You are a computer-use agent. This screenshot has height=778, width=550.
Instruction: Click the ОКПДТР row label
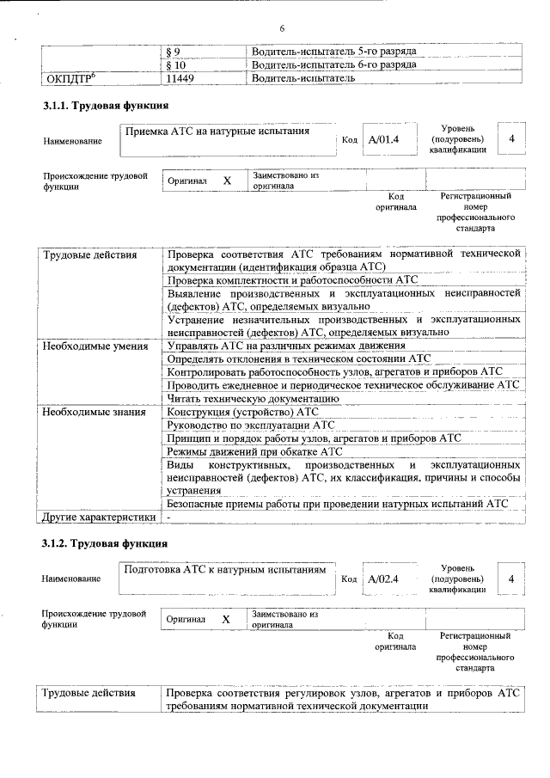click(x=70, y=78)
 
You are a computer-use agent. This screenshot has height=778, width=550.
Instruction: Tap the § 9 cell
click(x=174, y=52)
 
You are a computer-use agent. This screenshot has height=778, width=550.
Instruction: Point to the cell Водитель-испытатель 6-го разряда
click(x=334, y=64)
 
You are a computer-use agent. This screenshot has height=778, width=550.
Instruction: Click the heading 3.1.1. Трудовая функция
click(x=106, y=106)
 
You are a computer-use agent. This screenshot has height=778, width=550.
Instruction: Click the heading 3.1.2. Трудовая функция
click(x=106, y=543)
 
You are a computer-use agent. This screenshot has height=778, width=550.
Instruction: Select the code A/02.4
click(x=384, y=579)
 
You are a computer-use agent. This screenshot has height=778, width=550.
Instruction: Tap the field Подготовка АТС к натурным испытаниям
click(x=225, y=569)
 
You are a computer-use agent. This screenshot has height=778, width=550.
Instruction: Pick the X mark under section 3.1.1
click(x=228, y=181)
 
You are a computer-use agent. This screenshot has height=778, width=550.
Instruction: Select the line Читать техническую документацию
click(x=250, y=398)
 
